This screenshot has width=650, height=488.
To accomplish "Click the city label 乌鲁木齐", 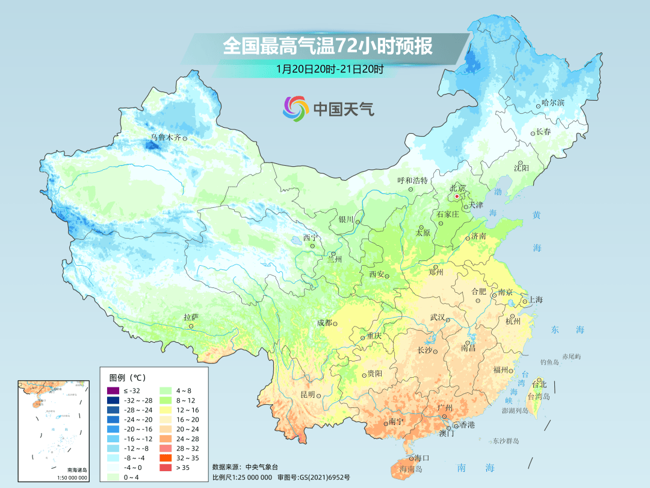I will tap(166, 137).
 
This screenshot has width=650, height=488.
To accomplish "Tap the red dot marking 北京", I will tap(457, 196).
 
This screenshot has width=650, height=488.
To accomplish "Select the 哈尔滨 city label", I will tap(552, 103).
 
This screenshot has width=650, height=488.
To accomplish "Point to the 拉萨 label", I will tap(191, 317).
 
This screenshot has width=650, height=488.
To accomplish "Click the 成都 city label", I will tap(324, 323).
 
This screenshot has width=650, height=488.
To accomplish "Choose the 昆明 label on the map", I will tap(307, 395).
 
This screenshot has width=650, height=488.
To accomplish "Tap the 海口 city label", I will tap(422, 458).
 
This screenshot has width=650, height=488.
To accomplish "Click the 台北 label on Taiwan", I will tap(539, 384).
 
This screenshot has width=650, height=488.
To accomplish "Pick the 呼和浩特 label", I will tap(412, 180).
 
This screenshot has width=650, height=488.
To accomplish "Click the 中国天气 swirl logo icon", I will tap(296, 108).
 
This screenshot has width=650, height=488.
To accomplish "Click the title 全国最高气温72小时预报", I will tap(327, 46).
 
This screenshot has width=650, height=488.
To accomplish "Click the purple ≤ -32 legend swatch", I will tap(112, 391).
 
